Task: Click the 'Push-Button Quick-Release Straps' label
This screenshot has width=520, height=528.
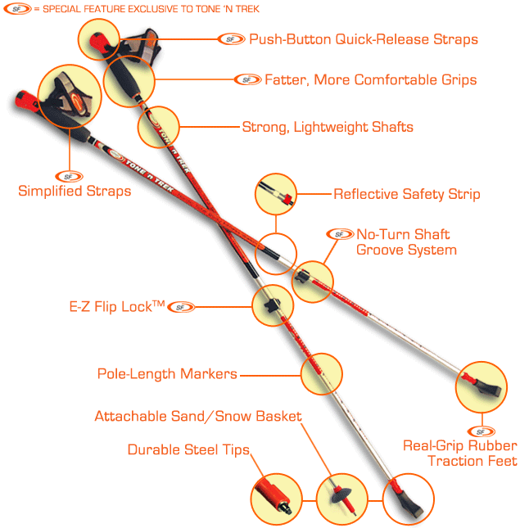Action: [363, 39]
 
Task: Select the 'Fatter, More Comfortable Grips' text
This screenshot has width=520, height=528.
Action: [370, 80]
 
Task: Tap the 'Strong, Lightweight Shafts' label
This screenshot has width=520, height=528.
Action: [328, 127]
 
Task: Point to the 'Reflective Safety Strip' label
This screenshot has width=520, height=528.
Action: [406, 194]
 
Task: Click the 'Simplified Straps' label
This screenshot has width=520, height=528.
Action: [75, 192]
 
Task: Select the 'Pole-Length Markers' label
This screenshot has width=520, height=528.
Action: [167, 374]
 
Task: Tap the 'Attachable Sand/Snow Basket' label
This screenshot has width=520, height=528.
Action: [198, 416]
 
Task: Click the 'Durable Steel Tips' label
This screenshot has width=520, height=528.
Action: [188, 449]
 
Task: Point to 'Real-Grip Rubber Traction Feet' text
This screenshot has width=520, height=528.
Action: [459, 454]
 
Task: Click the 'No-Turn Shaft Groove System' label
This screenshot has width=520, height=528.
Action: [405, 241]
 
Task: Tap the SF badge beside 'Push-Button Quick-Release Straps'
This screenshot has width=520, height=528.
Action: [232, 38]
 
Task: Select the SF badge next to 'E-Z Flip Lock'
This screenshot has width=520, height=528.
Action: [183, 307]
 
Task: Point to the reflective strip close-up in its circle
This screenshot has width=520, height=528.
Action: [275, 194]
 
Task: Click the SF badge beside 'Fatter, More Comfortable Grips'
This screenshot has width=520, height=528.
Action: [247, 79]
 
